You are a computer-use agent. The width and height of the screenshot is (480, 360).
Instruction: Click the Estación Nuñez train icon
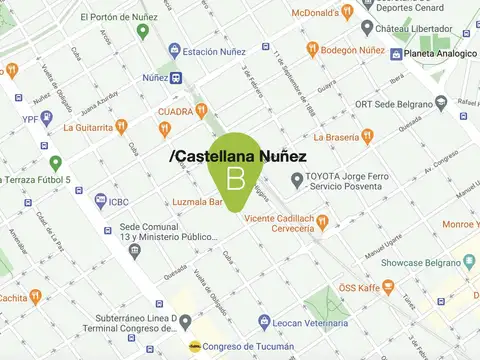174,50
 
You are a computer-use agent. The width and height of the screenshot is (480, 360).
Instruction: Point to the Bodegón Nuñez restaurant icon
312,49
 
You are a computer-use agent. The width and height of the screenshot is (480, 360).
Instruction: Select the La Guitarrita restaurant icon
121,126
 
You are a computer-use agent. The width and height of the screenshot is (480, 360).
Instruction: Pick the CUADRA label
175,111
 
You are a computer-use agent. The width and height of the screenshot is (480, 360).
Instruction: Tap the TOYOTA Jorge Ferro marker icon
296,180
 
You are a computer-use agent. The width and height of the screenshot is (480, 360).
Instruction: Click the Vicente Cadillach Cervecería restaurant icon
322,222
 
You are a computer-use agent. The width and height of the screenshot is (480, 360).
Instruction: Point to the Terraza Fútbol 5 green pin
56,163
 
